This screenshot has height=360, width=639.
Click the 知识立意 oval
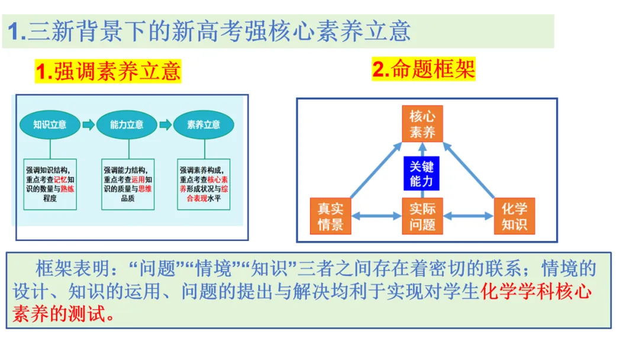point(50,124)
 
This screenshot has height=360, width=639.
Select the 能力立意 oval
point(127,124)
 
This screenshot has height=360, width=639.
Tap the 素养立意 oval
point(204,124)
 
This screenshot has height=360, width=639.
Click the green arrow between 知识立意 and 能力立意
point(88,124)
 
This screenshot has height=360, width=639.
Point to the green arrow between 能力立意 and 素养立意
point(165,124)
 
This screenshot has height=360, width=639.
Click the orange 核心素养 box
point(422,124)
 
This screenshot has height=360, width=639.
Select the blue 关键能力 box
point(422,173)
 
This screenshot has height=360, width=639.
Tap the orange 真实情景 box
point(331,216)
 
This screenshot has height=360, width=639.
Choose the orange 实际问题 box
point(422,216)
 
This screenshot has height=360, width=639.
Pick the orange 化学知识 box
point(514,216)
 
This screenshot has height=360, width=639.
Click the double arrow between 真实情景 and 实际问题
point(376,216)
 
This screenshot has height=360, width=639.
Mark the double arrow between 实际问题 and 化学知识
point(468,216)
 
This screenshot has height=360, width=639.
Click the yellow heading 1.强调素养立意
point(108,72)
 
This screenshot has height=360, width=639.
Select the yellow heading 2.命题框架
point(424,69)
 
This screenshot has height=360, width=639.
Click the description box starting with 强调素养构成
point(204,184)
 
